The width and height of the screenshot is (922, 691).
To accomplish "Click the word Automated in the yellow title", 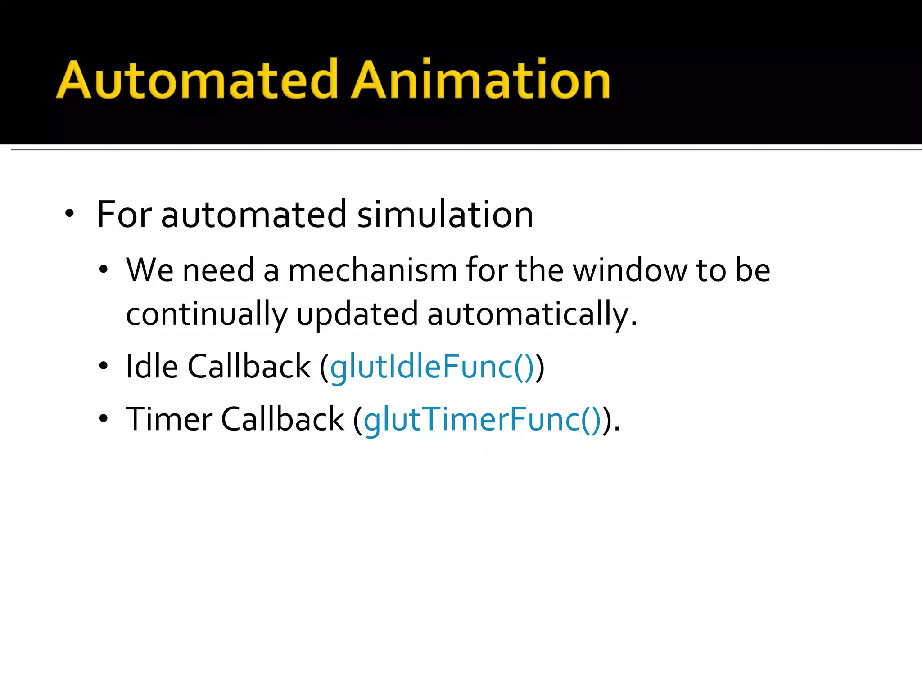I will pyautogui.click(x=197, y=80).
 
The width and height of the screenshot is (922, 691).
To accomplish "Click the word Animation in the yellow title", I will pyautogui.click(x=480, y=80).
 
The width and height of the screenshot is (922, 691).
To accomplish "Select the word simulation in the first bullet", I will pyautogui.click(x=445, y=215).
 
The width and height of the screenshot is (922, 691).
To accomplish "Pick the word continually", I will pyautogui.click(x=207, y=314).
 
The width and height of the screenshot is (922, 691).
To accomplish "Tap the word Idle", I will pyautogui.click(x=152, y=367).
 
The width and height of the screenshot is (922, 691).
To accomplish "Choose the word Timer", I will pyautogui.click(x=169, y=419).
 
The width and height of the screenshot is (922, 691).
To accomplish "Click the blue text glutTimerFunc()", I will pyautogui.click(x=482, y=420).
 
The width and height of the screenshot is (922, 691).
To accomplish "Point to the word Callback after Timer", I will pyautogui.click(x=282, y=419).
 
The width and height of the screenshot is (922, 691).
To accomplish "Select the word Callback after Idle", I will pyautogui.click(x=249, y=367).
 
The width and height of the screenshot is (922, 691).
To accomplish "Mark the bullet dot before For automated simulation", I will pyautogui.click(x=69, y=214).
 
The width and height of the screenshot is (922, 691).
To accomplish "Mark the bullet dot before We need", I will pyautogui.click(x=104, y=270).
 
